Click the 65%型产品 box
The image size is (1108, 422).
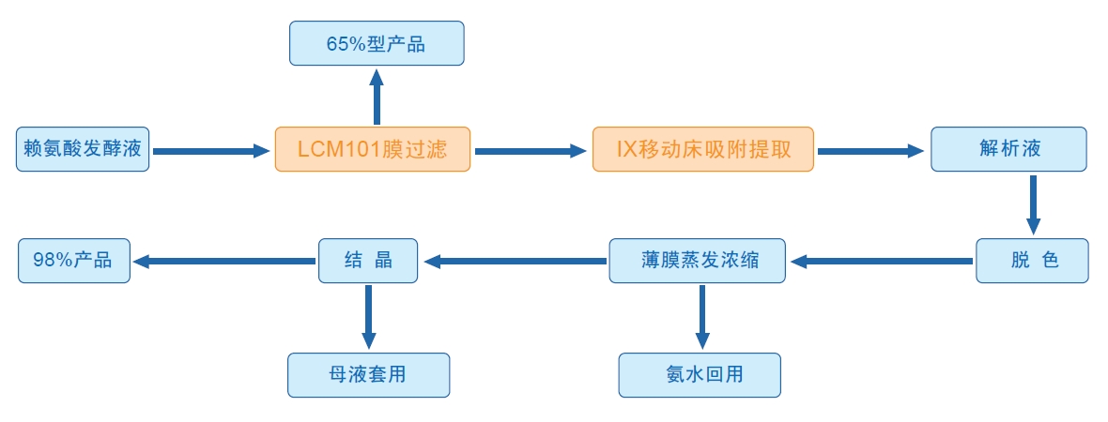(x=376, y=43)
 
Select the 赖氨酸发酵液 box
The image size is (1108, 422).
(x=83, y=149)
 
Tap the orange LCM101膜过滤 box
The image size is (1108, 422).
(x=372, y=149)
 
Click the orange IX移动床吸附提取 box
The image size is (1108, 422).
(x=702, y=149)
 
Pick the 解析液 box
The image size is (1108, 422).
(x=1008, y=149)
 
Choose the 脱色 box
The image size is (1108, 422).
(x=1032, y=261)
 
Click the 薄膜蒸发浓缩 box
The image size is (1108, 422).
(x=697, y=261)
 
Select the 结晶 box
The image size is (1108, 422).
(x=368, y=261)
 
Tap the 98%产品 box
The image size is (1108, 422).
(x=74, y=261)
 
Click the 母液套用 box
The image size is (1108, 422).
(x=368, y=374)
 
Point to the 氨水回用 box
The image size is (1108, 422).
(x=699, y=374)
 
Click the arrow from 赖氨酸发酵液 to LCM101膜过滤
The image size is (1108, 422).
(x=210, y=150)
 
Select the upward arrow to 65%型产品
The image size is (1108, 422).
(x=377, y=96)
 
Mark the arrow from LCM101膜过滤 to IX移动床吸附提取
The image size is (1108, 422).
(x=530, y=150)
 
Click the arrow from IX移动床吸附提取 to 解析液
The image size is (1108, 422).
(x=870, y=150)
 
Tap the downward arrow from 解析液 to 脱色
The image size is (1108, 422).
(x=1033, y=203)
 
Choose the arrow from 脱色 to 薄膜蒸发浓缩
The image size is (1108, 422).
(x=880, y=262)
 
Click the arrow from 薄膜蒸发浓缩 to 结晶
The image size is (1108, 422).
(x=514, y=262)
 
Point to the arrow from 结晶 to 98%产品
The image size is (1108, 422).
(x=223, y=262)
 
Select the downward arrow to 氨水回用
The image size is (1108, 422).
(x=700, y=316)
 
